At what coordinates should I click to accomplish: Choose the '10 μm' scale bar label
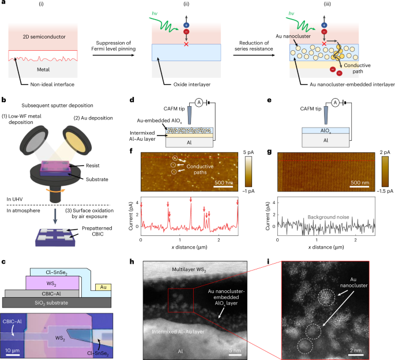click(16, 351)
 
